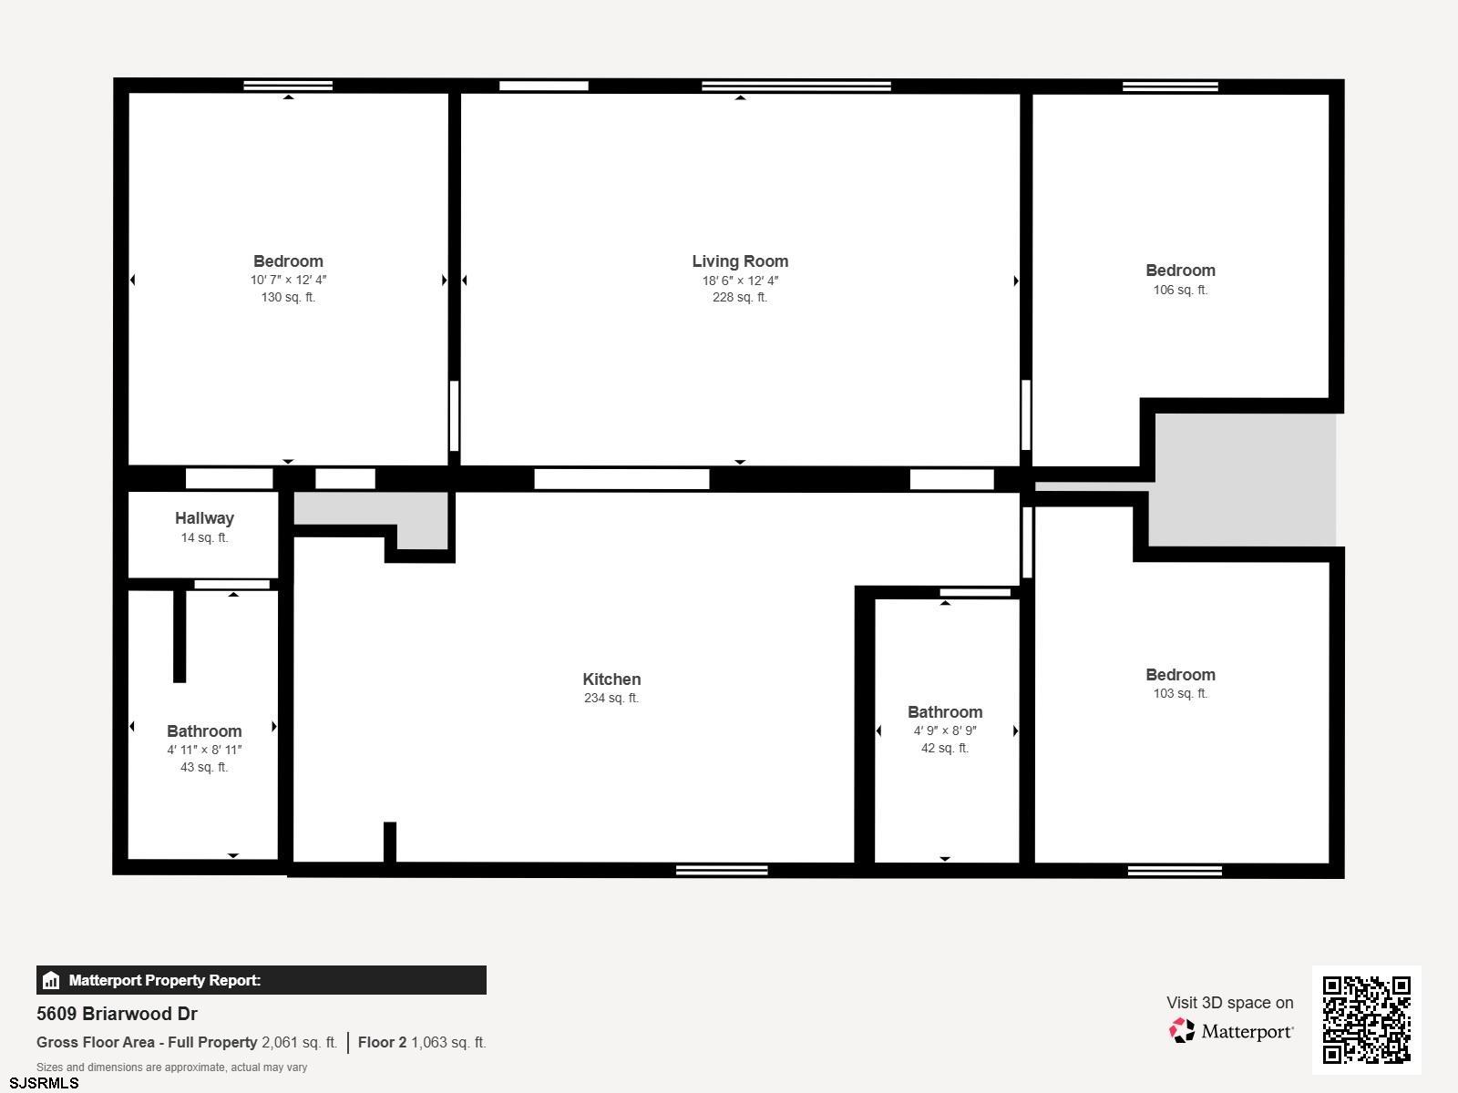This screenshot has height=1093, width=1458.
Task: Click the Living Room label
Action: pyautogui.click(x=740, y=261)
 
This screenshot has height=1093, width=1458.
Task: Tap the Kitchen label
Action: pyautogui.click(x=611, y=679)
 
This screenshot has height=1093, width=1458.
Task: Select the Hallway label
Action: pyautogui.click(x=205, y=518)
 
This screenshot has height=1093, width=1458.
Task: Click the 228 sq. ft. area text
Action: pyautogui.click(x=740, y=297)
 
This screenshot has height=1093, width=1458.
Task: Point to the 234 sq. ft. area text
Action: pyautogui.click(x=611, y=698)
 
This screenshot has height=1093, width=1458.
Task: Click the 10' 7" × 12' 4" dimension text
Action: pyautogui.click(x=288, y=280)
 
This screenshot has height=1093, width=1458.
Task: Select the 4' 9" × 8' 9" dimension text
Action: pyautogui.click(x=945, y=730)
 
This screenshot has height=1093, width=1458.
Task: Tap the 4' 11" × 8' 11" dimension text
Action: pyautogui.click(x=205, y=750)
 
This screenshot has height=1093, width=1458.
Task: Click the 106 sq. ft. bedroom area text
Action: pyautogui.click(x=1180, y=290)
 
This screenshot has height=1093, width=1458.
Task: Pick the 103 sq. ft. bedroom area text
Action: pyautogui.click(x=1180, y=693)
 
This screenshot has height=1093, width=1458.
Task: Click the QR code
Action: pyautogui.click(x=1366, y=1020)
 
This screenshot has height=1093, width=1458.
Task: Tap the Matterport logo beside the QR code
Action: pyautogui.click(x=1231, y=1031)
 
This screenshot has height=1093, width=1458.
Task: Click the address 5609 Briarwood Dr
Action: pyautogui.click(x=117, y=1014)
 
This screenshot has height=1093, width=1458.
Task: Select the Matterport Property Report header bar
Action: pyautogui.click(x=261, y=980)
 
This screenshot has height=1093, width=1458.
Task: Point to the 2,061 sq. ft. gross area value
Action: pyautogui.click(x=300, y=1043)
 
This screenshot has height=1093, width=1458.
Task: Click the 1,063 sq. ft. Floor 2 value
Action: pyautogui.click(x=448, y=1043)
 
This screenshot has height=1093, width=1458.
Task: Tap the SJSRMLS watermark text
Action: pyautogui.click(x=44, y=1084)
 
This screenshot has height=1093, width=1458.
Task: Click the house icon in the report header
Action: pyautogui.click(x=51, y=980)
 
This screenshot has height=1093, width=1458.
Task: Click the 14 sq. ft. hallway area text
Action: pyautogui.click(x=205, y=537)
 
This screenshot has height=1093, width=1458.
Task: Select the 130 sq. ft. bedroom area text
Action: pyautogui.click(x=288, y=297)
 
